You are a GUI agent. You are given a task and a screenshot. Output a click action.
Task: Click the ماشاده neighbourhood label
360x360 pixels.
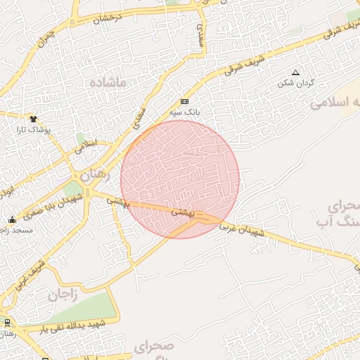pyautogui.click(x=108, y=83)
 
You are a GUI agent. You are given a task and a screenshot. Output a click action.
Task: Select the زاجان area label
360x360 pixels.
pyautogui.click(x=62, y=295)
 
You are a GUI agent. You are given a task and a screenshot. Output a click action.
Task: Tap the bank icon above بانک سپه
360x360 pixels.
pyautogui.click(x=185, y=101)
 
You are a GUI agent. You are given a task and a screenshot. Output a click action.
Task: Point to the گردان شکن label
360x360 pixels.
pyautogui.click(x=296, y=82)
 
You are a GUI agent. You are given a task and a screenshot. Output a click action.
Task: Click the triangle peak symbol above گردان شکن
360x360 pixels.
pyautogui.click(x=295, y=72)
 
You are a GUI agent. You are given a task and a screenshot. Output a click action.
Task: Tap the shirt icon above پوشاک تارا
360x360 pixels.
pyautogui.click(x=33, y=119)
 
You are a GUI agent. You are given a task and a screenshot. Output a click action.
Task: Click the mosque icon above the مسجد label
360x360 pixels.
pyautogui.click(x=12, y=219)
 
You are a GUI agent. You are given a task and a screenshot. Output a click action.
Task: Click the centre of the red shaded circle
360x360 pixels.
pyautogui.click(x=180, y=179)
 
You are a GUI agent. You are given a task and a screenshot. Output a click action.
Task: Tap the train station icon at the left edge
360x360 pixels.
pyautogui.click(x=7, y=322)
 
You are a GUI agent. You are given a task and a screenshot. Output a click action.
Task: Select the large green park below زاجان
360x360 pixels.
pyautogui.click(x=88, y=308)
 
